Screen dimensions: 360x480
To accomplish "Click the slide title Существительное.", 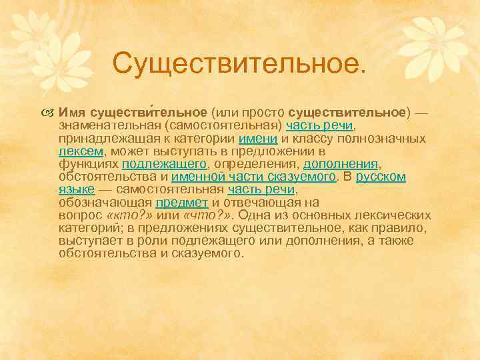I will (240, 64).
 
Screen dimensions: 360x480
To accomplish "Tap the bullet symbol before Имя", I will (51, 113).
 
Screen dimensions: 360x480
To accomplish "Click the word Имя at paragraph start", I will (71, 113).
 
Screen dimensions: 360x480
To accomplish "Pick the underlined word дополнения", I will (341, 163).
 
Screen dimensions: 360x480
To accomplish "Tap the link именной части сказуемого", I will (253, 177).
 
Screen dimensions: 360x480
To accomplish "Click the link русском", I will (381, 177).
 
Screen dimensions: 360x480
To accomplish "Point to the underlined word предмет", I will (182, 202).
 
